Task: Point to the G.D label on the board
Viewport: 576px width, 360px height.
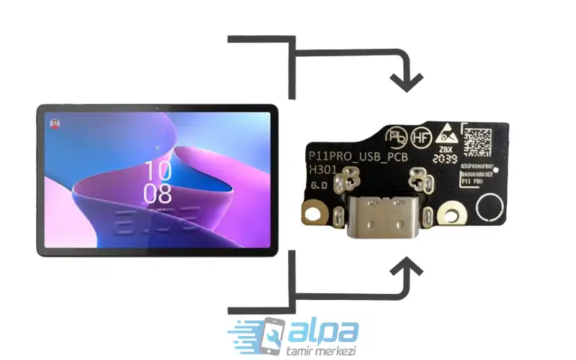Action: (x=319, y=184)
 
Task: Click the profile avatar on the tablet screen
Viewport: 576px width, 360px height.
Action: (x=54, y=122)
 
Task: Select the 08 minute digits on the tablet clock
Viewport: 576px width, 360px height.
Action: (x=158, y=194)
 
